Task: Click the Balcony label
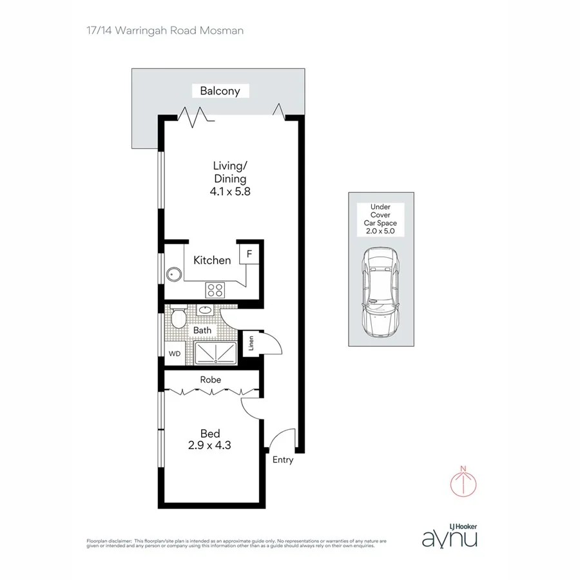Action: [220, 91]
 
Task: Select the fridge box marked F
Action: [249, 253]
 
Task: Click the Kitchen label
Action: [212, 260]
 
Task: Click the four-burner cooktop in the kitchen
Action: [215, 289]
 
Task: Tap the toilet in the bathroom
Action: [180, 317]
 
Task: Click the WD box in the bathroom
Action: [174, 353]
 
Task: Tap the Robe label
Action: [210, 380]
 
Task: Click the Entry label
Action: [283, 459]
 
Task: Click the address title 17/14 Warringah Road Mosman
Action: [154, 30]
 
